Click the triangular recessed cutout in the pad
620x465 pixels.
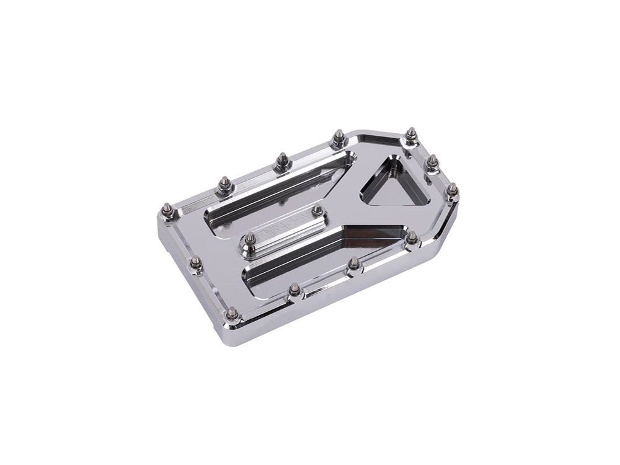[396, 184]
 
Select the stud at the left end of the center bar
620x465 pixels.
[250, 237]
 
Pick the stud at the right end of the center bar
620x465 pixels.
[317, 211]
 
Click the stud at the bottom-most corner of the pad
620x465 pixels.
[232, 312]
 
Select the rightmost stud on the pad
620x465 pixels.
[453, 190]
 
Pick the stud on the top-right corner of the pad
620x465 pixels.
[411, 134]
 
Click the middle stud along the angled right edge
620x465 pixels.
[433, 162]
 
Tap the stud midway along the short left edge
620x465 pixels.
[196, 263]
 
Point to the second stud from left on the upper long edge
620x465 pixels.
[224, 183]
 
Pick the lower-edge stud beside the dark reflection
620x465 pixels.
[412, 237]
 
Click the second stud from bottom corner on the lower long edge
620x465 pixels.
[294, 290]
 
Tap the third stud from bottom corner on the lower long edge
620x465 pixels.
[354, 264]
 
